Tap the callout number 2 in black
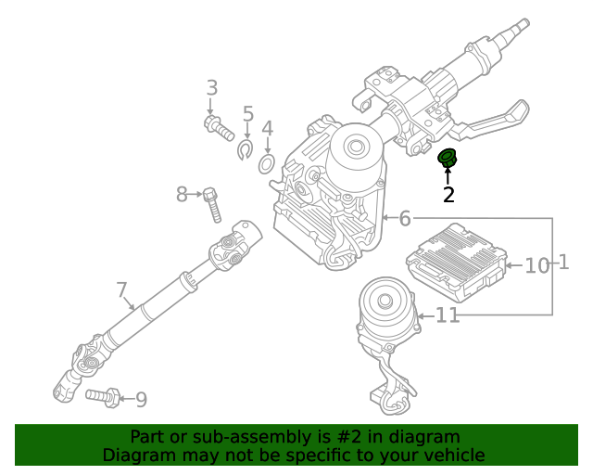click(x=448, y=195)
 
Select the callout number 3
click(x=212, y=89)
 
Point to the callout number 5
click(x=247, y=114)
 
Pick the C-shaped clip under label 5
click(x=246, y=148)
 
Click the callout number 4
click(x=267, y=129)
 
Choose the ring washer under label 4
click(x=266, y=164)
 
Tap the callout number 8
click(x=183, y=194)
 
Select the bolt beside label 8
click(x=212, y=203)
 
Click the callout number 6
click(x=405, y=219)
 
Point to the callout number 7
click(x=122, y=290)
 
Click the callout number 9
click(x=141, y=400)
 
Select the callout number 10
click(x=537, y=266)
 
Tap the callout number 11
click(x=448, y=316)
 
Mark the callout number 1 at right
click(x=563, y=263)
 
